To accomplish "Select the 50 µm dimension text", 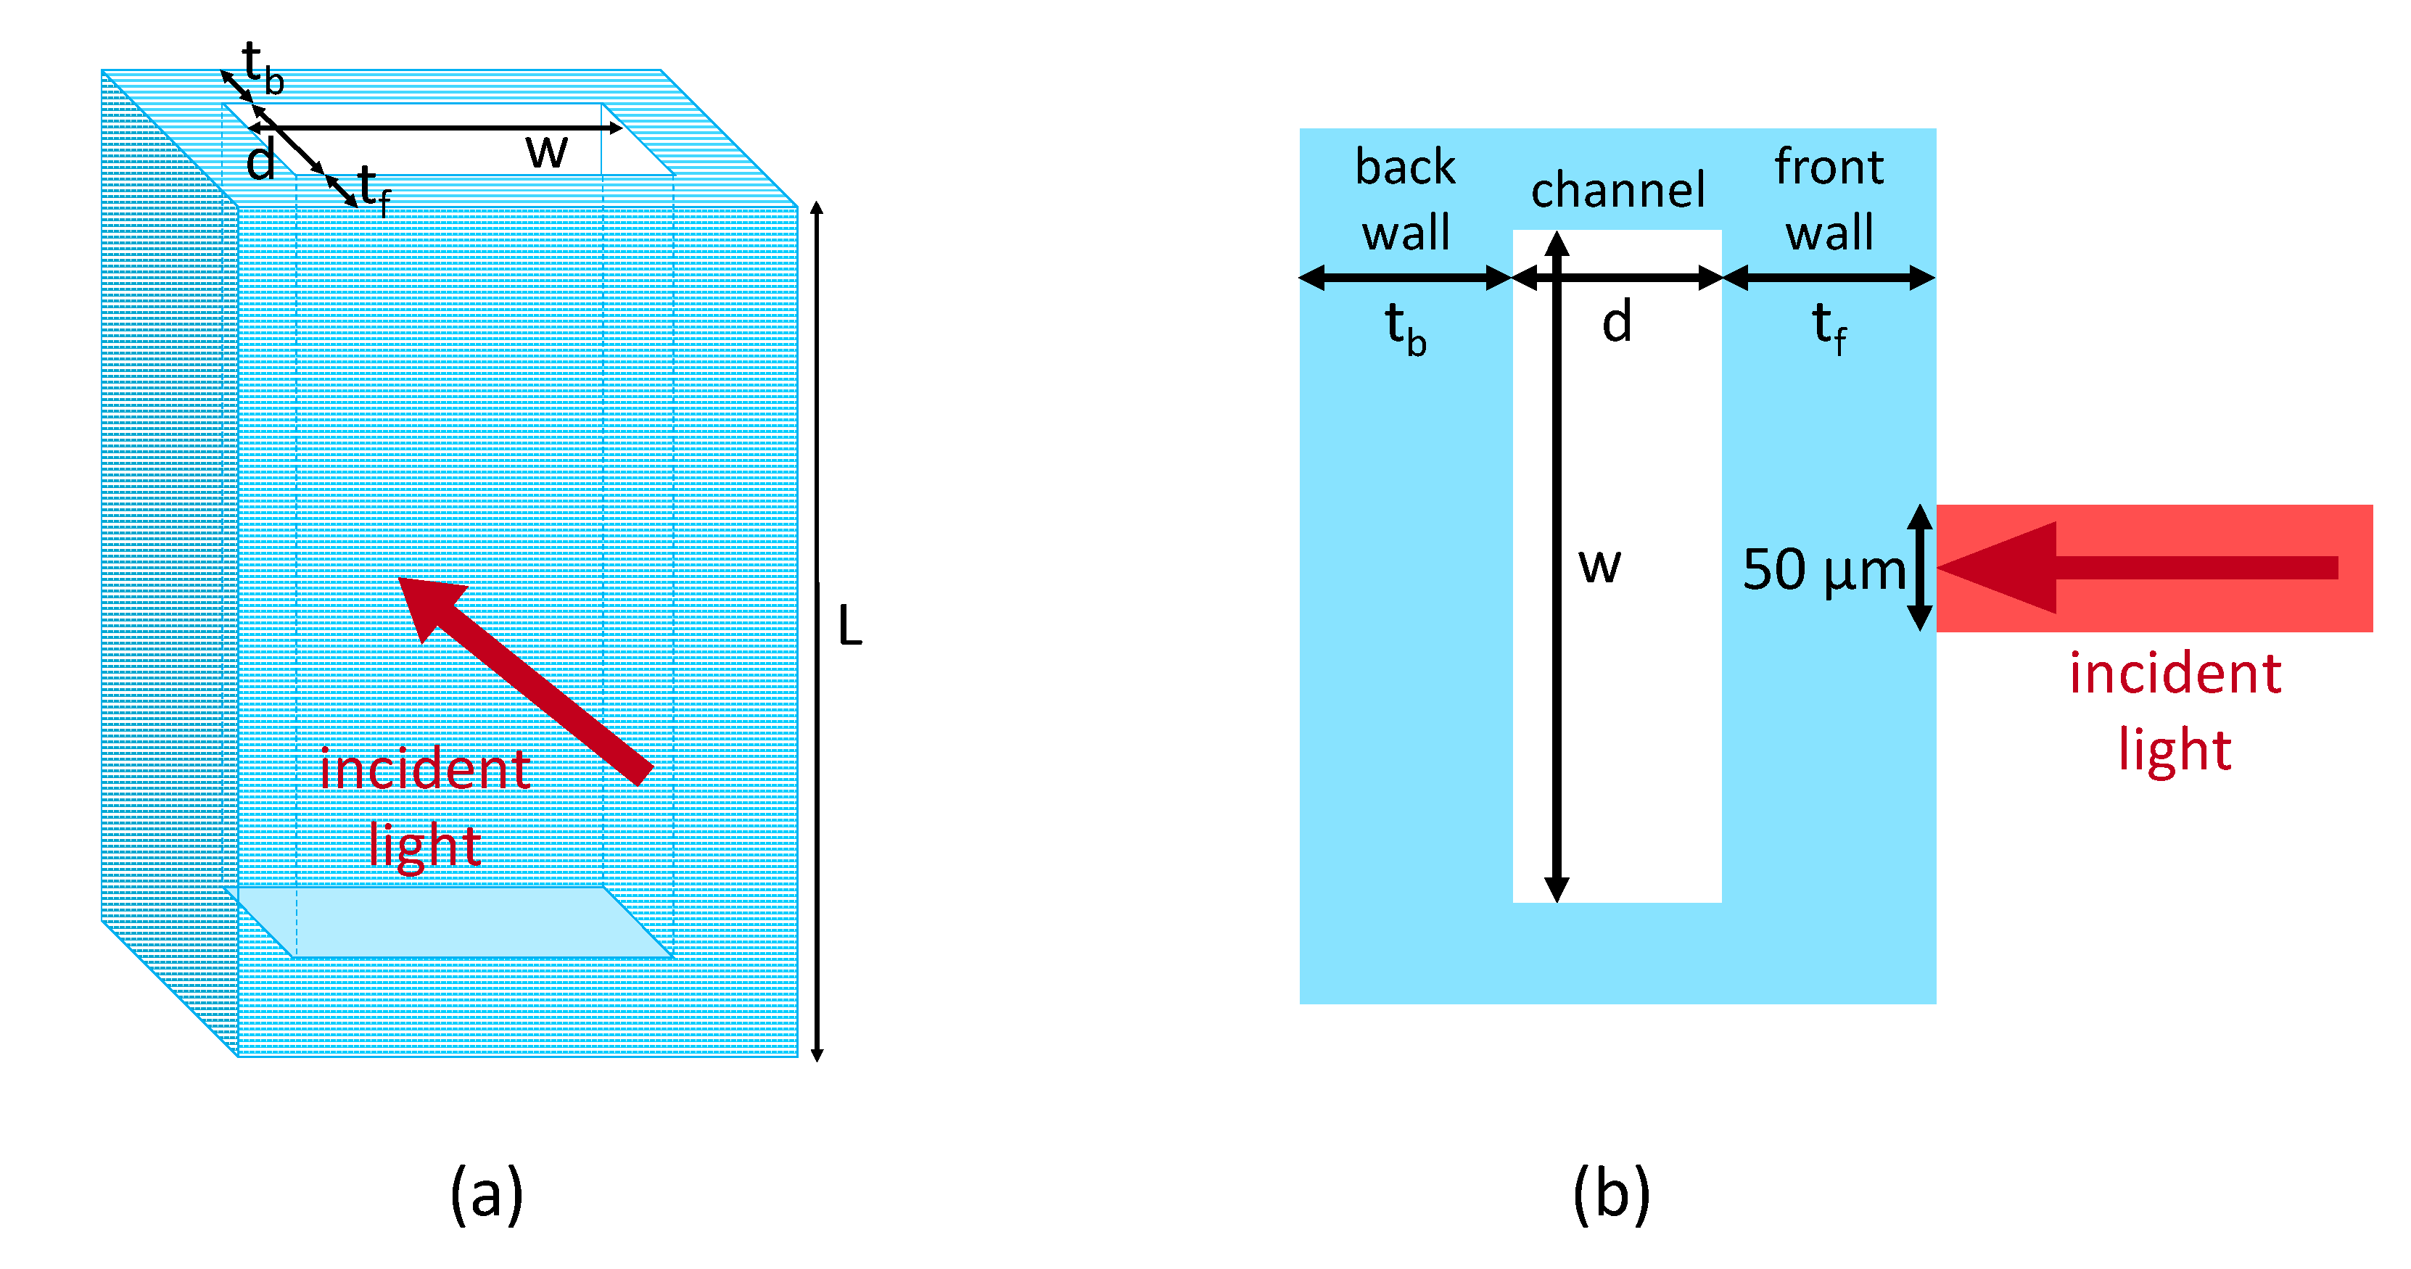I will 1823,569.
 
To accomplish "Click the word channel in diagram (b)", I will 1617,190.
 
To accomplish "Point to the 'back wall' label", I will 1405,199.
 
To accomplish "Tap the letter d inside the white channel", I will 1616,322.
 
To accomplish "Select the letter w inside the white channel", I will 1599,565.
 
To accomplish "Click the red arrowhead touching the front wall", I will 1998,567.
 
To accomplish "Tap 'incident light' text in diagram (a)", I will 425,806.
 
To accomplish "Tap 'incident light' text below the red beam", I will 2175,711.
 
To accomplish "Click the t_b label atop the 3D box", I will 261,67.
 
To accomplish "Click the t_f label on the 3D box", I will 374,190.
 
